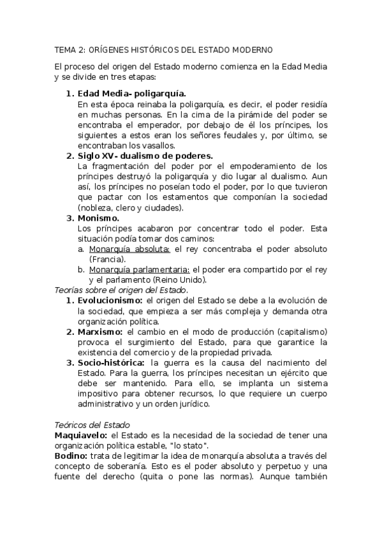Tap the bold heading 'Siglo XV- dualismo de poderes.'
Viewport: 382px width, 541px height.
pos(145,156)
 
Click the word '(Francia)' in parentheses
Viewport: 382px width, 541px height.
pos(107,260)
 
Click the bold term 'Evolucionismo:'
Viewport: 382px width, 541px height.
pos(110,300)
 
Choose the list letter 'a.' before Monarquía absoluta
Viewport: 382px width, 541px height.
pos(81,249)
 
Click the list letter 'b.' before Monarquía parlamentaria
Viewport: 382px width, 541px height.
pos(81,270)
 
